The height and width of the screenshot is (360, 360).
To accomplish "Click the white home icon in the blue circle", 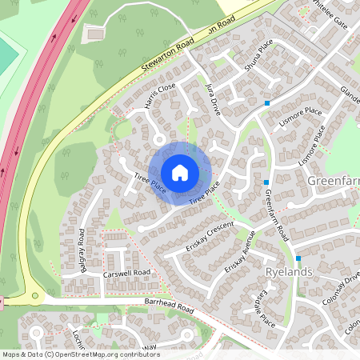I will click(x=180, y=172).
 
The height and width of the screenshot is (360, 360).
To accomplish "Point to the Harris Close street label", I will click(x=160, y=95).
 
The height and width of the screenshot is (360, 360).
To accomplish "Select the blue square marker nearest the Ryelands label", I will click(x=298, y=258).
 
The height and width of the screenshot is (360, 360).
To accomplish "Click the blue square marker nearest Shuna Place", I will click(x=267, y=102).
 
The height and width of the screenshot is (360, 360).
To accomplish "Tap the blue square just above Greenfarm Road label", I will click(x=266, y=182).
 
